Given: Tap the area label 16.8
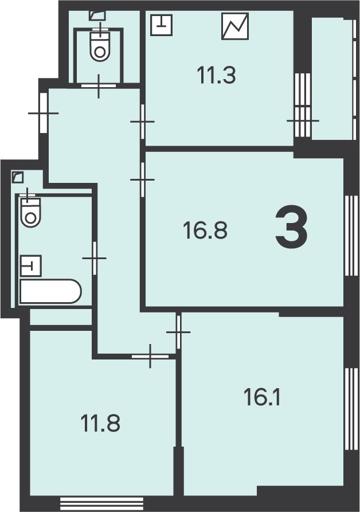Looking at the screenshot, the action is click(205, 230).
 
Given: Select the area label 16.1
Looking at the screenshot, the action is click(262, 397).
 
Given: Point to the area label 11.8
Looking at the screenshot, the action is click(100, 423).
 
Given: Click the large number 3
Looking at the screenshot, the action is click(291, 226).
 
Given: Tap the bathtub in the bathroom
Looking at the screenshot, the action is click(50, 291).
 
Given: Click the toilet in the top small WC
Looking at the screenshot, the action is click(100, 45).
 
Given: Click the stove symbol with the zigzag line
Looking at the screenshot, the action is click(235, 26).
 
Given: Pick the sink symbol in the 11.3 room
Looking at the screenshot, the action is click(161, 25).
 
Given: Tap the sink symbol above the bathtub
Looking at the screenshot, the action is click(31, 265).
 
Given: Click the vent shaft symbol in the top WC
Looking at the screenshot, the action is click(97, 15).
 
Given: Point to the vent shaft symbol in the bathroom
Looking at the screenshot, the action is click(18, 177).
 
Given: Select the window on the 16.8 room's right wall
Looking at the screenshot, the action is click(351, 236).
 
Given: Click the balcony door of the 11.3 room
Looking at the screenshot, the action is click(302, 105).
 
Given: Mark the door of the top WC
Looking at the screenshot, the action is click(98, 85).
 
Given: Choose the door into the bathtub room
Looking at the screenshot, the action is click(95, 258).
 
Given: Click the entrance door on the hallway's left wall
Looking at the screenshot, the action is click(44, 113).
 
